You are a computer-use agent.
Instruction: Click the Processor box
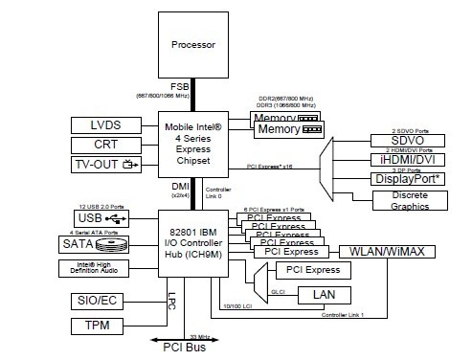pos(194,45)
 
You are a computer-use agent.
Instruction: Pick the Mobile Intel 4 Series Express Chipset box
pos(194,144)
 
